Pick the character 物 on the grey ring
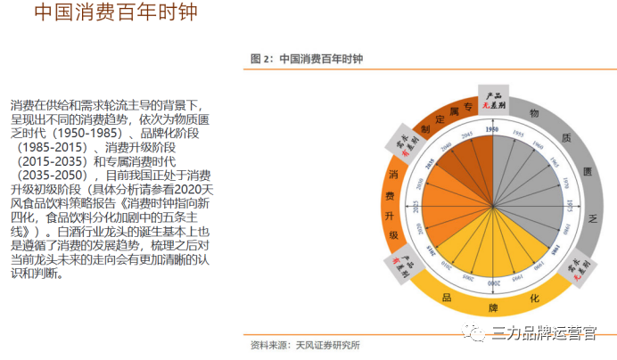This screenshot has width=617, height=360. tap(534, 113)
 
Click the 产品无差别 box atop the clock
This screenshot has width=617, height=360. tap(492, 101)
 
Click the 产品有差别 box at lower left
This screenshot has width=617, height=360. tap(399, 265)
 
